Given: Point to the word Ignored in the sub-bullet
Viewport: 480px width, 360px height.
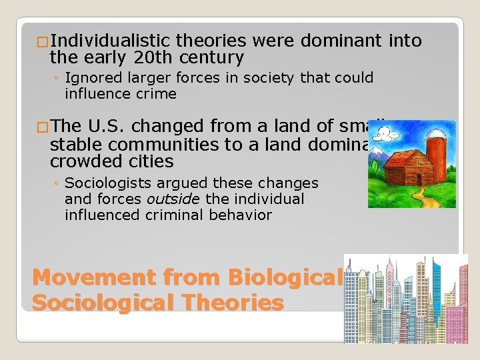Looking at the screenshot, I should (x=95, y=79).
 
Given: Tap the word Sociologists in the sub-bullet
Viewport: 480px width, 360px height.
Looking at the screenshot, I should (x=107, y=183).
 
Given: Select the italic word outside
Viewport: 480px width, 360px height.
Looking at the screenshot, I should (x=173, y=199).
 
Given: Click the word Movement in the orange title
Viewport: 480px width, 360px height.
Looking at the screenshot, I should (x=84, y=276).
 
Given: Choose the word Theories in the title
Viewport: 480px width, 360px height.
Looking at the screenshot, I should (x=235, y=303).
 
